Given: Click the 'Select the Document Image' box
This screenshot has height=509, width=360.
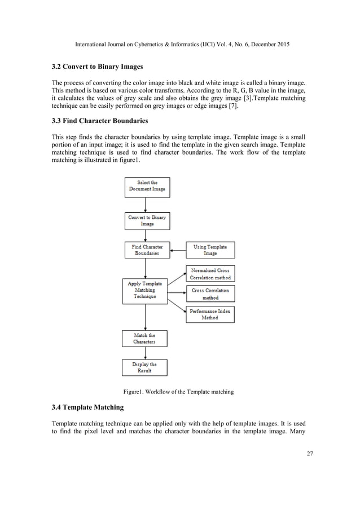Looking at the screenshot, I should point(147,187).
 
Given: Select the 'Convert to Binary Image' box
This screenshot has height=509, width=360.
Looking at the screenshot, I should point(147,220).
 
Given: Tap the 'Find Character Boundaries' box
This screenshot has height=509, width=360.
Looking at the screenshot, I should point(147,250).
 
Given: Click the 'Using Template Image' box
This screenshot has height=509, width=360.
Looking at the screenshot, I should point(210,250).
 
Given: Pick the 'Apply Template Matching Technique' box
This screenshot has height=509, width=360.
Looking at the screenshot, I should point(145,290).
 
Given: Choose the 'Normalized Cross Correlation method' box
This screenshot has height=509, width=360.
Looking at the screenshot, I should point(210,274).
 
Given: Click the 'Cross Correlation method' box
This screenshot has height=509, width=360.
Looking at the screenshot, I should point(210,294).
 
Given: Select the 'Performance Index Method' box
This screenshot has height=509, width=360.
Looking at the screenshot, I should point(210,314).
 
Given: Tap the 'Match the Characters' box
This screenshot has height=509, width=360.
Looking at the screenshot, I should point(144,339).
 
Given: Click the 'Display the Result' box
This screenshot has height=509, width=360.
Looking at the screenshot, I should point(144,367).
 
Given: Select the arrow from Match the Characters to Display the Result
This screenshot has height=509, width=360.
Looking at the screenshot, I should point(145,353).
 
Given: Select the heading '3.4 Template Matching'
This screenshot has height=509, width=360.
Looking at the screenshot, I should point(87,407).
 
